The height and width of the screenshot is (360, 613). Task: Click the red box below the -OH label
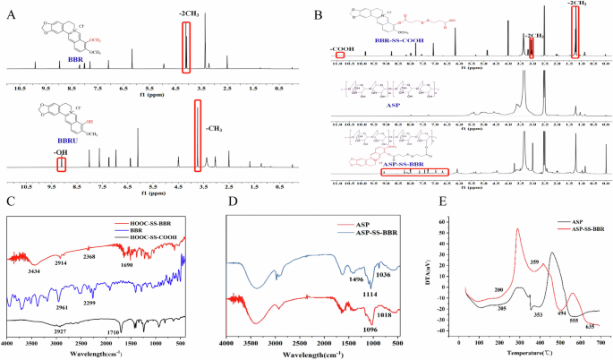point(61,164)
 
